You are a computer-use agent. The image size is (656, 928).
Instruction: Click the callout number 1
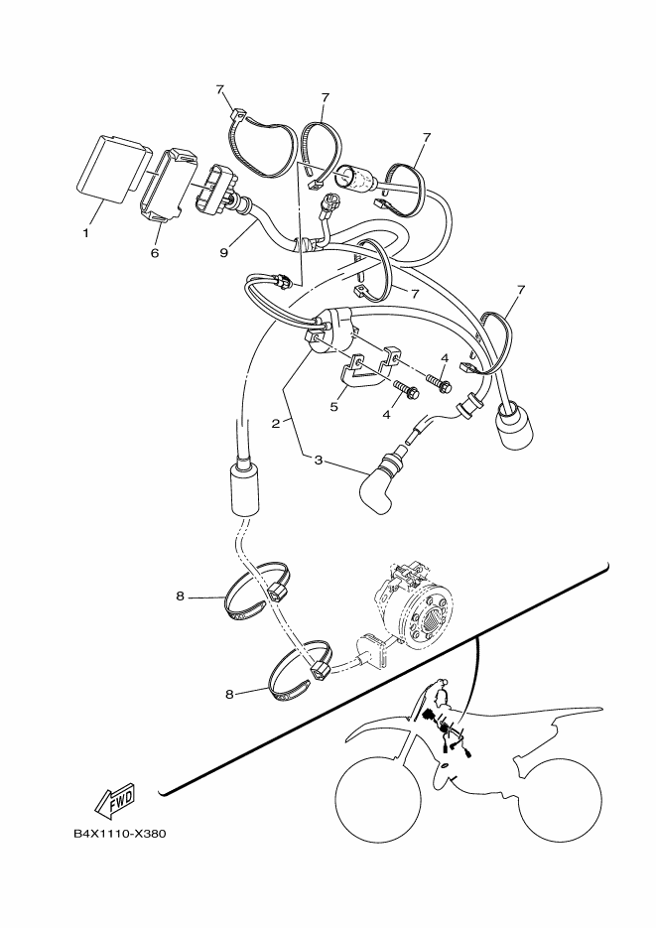click(85, 233)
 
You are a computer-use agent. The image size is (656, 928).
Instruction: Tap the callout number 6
click(155, 253)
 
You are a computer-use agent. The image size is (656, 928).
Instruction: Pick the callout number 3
click(319, 460)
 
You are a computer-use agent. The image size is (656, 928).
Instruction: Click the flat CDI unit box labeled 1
click(109, 167)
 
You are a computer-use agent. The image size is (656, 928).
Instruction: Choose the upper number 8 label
click(181, 597)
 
